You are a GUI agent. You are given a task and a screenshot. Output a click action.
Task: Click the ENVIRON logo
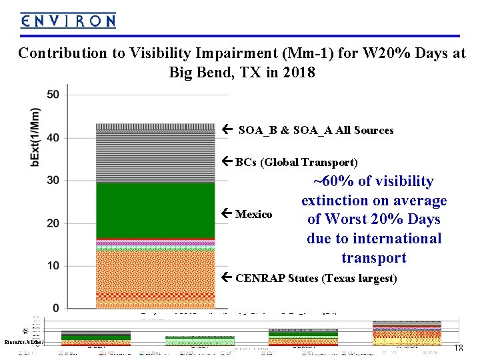tap(68, 21)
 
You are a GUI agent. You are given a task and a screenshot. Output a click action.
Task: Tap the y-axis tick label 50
tap(53, 95)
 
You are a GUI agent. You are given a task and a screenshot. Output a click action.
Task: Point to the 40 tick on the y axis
tap(53, 138)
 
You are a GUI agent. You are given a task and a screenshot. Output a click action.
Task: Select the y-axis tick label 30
tap(53, 181)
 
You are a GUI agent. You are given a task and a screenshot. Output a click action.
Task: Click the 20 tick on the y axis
tap(53, 223)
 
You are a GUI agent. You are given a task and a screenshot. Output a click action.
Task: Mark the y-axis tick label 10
tap(53, 266)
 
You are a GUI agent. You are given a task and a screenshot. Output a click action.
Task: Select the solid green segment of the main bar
tap(151, 210)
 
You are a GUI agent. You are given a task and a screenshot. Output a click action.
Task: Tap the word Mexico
tap(253, 214)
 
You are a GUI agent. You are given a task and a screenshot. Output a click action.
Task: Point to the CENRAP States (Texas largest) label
tap(316, 278)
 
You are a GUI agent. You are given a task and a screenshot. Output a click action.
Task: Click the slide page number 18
tap(458, 347)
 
